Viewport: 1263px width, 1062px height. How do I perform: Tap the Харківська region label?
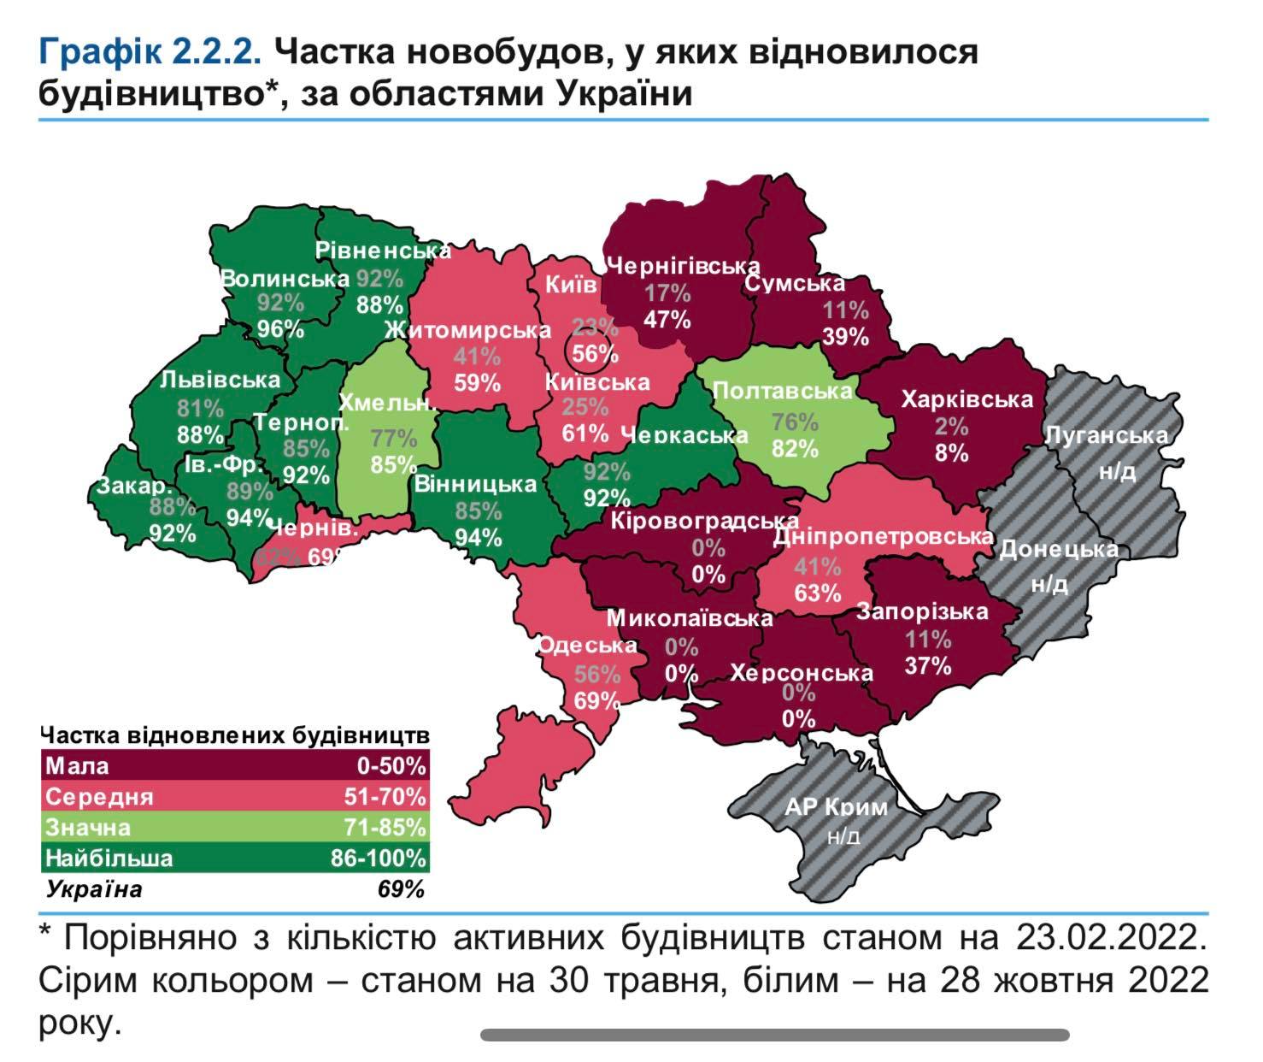pyautogui.click(x=966, y=399)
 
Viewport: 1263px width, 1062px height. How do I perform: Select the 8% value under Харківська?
pyautogui.click(x=951, y=452)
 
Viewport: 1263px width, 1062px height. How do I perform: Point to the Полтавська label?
pyautogui.click(x=782, y=391)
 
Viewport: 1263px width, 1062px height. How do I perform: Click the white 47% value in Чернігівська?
pyautogui.click(x=667, y=319)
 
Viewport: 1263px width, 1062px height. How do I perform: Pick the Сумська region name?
pyautogui.click(x=794, y=283)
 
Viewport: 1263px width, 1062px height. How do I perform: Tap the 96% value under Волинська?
pyautogui.click(x=281, y=328)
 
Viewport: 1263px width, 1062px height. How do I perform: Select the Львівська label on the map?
pyautogui.click(x=220, y=380)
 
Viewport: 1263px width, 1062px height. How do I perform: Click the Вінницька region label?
pyautogui.click(x=475, y=484)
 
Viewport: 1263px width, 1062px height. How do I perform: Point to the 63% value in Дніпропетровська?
pyautogui.click(x=818, y=592)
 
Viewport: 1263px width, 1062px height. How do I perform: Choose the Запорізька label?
pyautogui.click(x=922, y=611)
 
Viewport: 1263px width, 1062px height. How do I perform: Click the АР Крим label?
pyautogui.click(x=836, y=806)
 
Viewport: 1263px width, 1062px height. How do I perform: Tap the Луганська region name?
pyautogui.click(x=1106, y=434)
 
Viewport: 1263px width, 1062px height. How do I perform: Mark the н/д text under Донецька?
pyautogui.click(x=1049, y=585)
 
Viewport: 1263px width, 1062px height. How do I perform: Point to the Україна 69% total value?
pyautogui.click(x=400, y=889)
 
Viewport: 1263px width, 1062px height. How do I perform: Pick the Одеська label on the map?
pyautogui.click(x=587, y=646)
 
